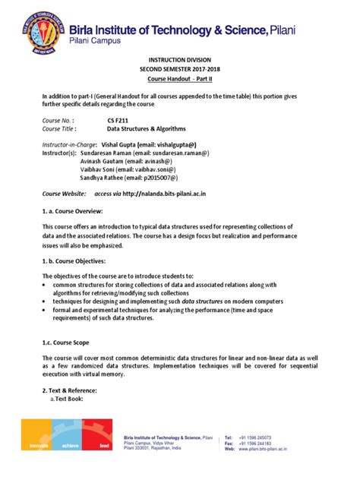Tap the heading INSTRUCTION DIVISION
tap(180, 68)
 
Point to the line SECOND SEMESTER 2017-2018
tap(180, 79)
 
